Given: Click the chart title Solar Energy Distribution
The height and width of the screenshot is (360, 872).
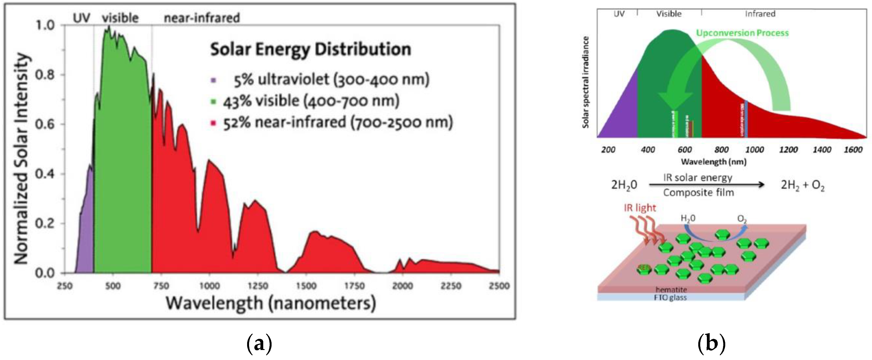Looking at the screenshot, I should tap(310, 50).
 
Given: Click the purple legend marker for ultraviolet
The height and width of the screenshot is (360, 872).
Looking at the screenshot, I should tap(213, 80).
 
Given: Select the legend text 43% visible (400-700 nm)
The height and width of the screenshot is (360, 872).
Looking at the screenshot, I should tap(311, 101).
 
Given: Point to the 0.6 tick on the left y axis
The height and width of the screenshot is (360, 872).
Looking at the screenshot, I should tap(45, 124).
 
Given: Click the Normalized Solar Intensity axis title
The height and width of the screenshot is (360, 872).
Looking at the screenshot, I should tap(21, 159).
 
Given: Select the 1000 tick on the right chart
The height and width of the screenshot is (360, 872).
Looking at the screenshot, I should tap(754, 150).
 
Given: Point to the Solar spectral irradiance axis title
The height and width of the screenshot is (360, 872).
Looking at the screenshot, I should tap(585, 82).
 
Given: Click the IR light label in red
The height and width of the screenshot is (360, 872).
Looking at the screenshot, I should tap(640, 208).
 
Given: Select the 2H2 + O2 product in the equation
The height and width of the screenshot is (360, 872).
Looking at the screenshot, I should tap(802, 185).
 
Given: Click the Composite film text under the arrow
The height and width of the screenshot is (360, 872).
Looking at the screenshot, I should tap(698, 193).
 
